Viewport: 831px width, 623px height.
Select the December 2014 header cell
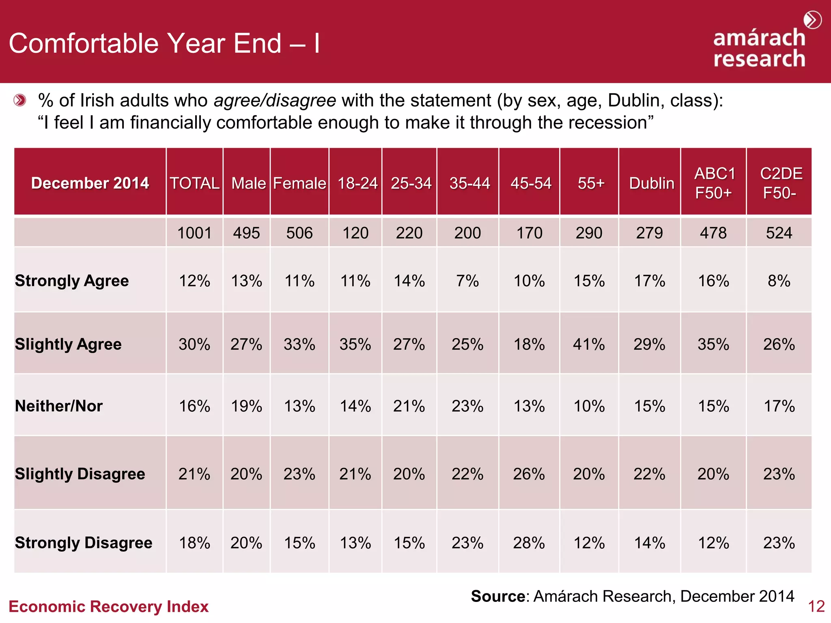(90, 183)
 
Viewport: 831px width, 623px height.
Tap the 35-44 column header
(469, 183)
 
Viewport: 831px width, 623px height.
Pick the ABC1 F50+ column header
(714, 183)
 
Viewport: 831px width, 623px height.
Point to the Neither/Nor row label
(59, 406)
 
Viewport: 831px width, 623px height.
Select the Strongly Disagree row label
(84, 542)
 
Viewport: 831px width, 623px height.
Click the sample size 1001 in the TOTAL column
(194, 233)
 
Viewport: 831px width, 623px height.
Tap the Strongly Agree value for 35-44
(467, 281)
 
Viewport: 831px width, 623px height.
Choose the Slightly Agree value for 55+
(589, 344)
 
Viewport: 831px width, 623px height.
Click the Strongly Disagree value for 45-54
(529, 543)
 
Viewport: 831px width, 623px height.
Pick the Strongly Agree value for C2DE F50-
(779, 281)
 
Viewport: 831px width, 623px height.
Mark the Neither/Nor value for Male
(246, 406)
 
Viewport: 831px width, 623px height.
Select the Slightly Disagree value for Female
(299, 474)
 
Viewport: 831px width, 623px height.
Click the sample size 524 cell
(779, 233)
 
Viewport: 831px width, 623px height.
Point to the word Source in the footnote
(498, 596)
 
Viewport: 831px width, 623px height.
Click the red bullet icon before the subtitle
(19, 100)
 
